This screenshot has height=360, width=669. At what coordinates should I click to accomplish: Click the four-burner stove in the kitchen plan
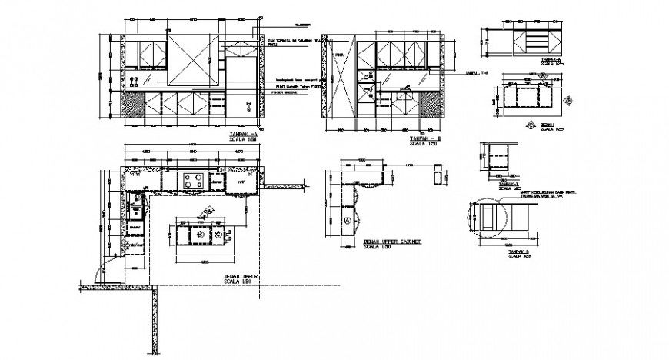point(194,182)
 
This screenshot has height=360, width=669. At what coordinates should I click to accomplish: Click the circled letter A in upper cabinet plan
point(348,221)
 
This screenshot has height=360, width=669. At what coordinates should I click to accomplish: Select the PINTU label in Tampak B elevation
point(339,55)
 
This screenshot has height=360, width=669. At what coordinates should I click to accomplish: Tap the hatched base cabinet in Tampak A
point(135,105)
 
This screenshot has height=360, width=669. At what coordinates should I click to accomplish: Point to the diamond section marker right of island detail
point(570,101)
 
